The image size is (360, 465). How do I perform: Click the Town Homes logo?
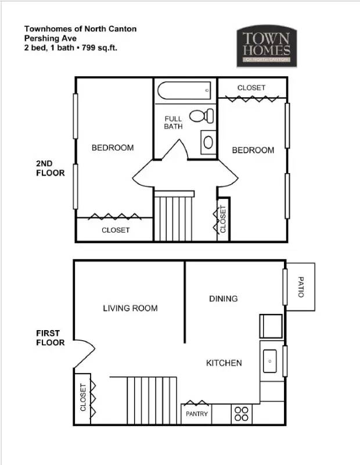coord(267,46)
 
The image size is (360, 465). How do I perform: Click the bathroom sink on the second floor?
coord(208,141)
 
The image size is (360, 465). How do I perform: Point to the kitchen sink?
coord(270,361)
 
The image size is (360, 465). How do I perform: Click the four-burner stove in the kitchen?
coord(241,414)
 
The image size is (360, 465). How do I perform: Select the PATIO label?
coord(300,287)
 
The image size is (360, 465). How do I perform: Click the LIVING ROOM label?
coord(130,308)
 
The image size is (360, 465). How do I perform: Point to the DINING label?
coord(223,299)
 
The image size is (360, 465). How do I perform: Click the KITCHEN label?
coord(224,363)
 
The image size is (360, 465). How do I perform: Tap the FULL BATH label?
coord(173,123)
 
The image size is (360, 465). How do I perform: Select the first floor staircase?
coord(152,400)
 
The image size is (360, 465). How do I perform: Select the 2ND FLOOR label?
coord(50,169)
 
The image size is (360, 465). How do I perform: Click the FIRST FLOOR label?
coord(50,338)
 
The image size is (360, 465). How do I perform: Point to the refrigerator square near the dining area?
coord(271,326)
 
